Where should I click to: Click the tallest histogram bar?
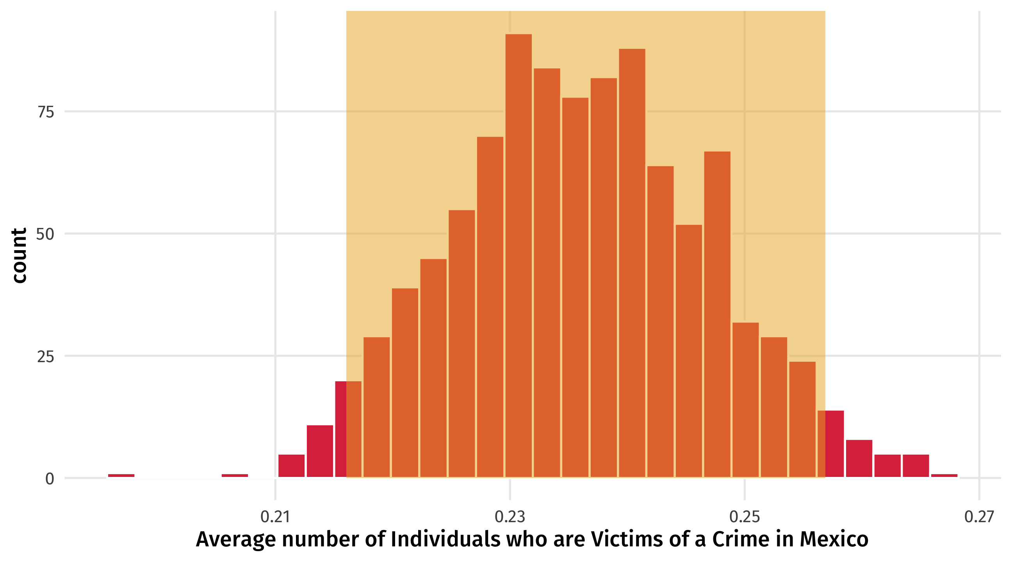point(518,256)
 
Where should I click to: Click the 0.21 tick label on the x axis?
point(275,517)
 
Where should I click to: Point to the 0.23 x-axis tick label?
point(510,517)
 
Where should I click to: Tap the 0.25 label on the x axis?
point(745,517)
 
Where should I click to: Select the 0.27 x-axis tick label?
point(979,517)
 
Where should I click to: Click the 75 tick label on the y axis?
point(46,112)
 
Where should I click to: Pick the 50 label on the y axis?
point(46,234)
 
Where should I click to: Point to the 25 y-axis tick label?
point(46,357)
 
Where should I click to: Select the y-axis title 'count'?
point(19,255)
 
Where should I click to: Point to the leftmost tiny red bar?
point(121,476)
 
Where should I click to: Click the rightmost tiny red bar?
point(944,476)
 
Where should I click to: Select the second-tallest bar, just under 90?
point(632,263)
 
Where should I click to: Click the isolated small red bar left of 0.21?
point(235,476)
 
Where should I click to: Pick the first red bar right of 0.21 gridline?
point(291,466)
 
